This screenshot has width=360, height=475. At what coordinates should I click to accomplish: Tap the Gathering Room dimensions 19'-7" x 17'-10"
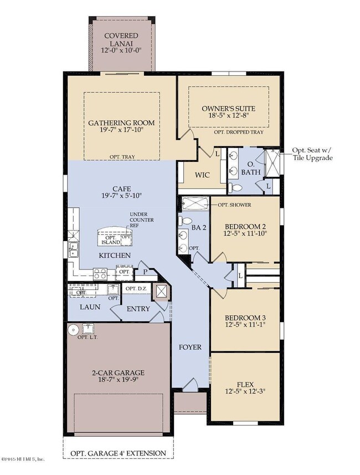[122, 132]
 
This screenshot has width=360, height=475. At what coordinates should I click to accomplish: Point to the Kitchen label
[115, 256]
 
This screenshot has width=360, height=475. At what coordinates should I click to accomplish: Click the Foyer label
[189, 348]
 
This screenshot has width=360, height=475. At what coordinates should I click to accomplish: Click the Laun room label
[89, 307]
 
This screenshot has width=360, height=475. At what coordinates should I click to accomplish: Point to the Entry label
[138, 309]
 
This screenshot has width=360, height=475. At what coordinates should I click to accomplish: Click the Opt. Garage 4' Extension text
[118, 453]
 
